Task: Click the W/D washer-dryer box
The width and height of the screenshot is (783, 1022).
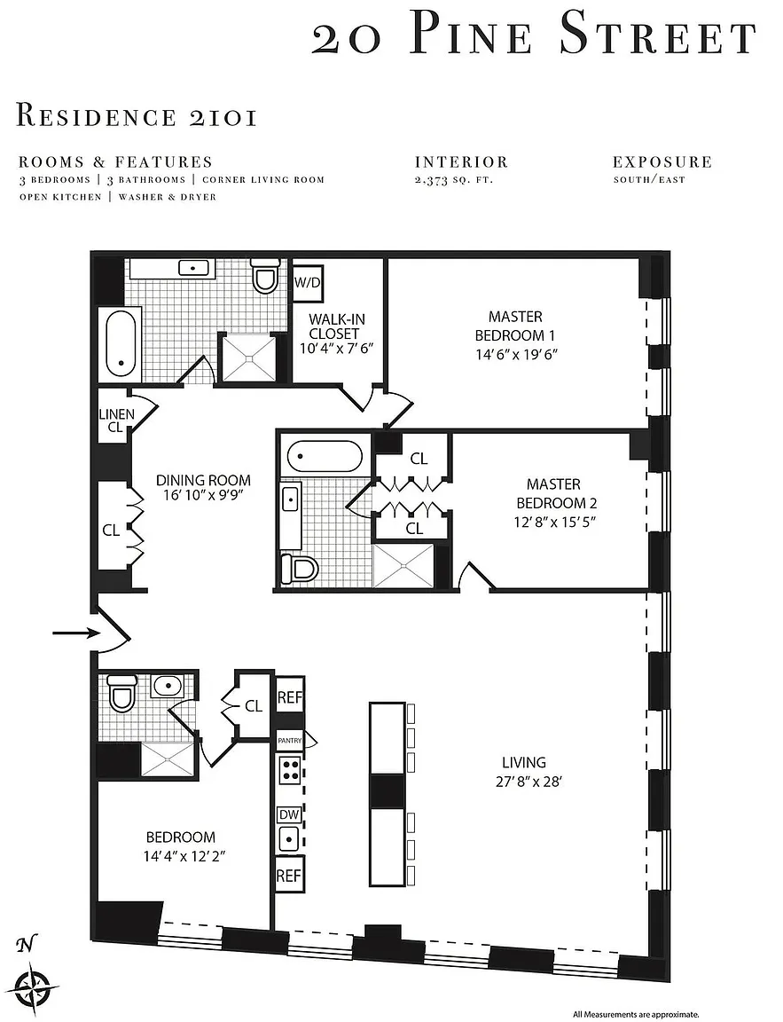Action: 308,283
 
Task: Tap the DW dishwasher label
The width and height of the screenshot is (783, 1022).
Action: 289,814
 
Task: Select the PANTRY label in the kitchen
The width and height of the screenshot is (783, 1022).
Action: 291,741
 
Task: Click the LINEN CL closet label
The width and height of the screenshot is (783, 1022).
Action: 116,421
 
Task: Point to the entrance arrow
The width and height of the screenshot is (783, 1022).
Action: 76,633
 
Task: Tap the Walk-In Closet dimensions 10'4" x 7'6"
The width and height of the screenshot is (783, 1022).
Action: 336,348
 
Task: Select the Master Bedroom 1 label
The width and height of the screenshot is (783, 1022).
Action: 515,326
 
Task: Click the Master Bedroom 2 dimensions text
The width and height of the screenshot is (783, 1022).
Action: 556,522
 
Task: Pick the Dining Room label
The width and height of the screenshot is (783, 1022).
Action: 203,480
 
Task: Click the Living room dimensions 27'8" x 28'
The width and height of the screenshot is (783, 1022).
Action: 529,781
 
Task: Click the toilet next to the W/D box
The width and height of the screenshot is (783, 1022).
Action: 265,276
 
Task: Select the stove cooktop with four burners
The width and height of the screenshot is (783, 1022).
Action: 290,771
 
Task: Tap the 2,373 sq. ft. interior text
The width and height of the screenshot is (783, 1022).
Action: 453,180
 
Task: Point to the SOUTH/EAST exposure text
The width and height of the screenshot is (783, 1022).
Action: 649,179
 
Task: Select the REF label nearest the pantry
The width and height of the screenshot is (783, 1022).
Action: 290,697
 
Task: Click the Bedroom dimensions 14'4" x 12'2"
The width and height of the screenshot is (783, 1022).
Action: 184,856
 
